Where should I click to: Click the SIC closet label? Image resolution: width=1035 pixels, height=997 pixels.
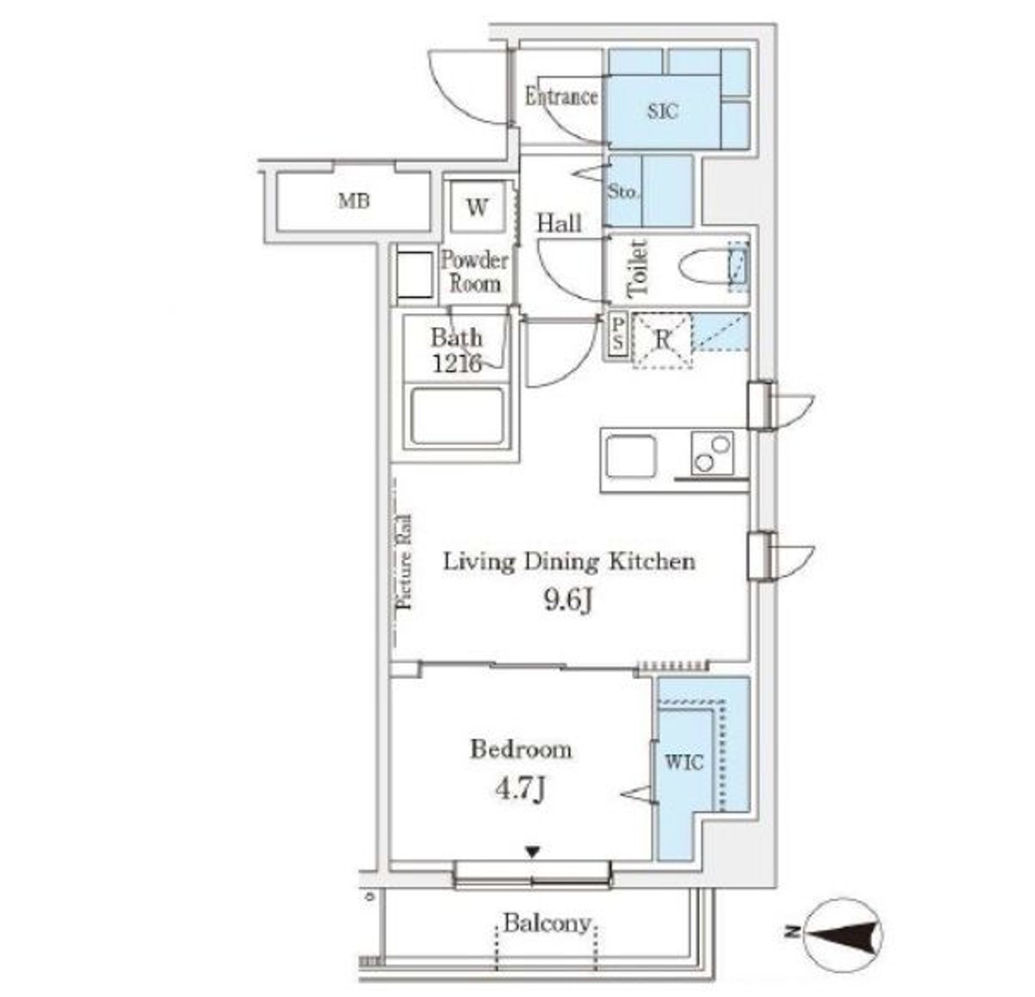point(663,111)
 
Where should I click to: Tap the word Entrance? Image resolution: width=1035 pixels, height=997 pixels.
point(561,97)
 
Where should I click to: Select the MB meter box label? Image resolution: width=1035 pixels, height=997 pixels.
point(354,201)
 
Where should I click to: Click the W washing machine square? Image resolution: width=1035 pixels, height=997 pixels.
point(478,207)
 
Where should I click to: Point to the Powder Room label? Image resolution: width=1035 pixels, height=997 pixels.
point(475,271)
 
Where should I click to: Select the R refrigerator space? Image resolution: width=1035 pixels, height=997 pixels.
point(662,340)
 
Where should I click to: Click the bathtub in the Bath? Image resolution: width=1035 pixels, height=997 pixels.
point(457,416)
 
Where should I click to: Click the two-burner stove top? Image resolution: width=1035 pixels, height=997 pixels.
point(713,453)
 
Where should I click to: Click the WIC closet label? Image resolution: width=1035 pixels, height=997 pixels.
point(684,762)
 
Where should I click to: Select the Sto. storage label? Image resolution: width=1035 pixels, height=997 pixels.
point(623,192)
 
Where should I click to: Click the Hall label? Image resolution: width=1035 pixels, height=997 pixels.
point(559,223)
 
